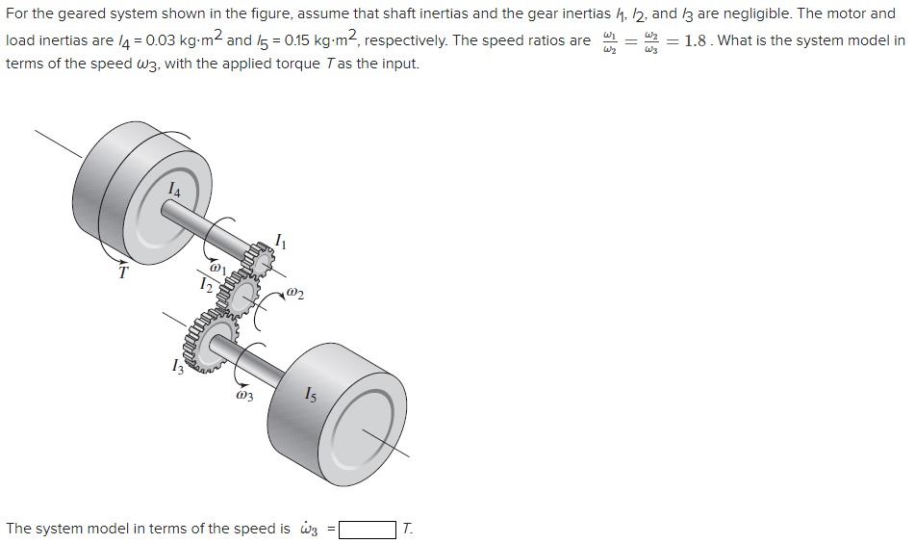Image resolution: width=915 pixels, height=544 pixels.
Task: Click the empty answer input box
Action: pyautogui.click(x=367, y=529)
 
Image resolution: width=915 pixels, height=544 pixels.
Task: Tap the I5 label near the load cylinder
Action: pyautogui.click(x=309, y=393)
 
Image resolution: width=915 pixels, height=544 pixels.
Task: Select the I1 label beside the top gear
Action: pyautogui.click(x=280, y=241)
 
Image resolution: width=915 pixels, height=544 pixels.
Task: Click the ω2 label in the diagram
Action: pyautogui.click(x=295, y=293)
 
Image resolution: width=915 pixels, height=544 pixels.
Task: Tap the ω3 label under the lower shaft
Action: pyautogui.click(x=243, y=395)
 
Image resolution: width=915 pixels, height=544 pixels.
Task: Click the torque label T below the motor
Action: pyautogui.click(x=122, y=272)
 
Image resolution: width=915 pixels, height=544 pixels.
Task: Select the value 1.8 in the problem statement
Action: pyautogui.click(x=696, y=40)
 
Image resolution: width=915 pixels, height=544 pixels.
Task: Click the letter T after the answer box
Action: pyautogui.click(x=408, y=529)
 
